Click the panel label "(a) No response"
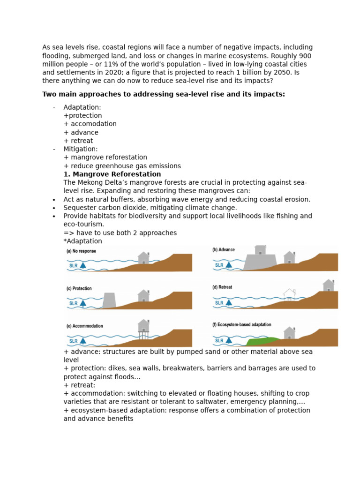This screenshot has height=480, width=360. (x=81, y=251)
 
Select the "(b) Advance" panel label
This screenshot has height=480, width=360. (x=224, y=250)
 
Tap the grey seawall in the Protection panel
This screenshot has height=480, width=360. (x=109, y=300)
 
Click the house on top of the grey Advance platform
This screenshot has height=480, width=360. (x=260, y=250)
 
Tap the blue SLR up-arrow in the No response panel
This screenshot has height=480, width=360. (x=83, y=265)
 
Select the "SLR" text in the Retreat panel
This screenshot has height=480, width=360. (x=219, y=303)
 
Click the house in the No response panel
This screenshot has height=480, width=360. (x=143, y=258)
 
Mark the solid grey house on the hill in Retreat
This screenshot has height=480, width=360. (x=328, y=285)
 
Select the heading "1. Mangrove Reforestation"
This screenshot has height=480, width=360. (x=112, y=174)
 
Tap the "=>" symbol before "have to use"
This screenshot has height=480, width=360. (x=69, y=233)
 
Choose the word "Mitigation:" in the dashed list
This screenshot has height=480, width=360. (x=81, y=149)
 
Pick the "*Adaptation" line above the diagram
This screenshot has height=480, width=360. (x=82, y=241)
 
